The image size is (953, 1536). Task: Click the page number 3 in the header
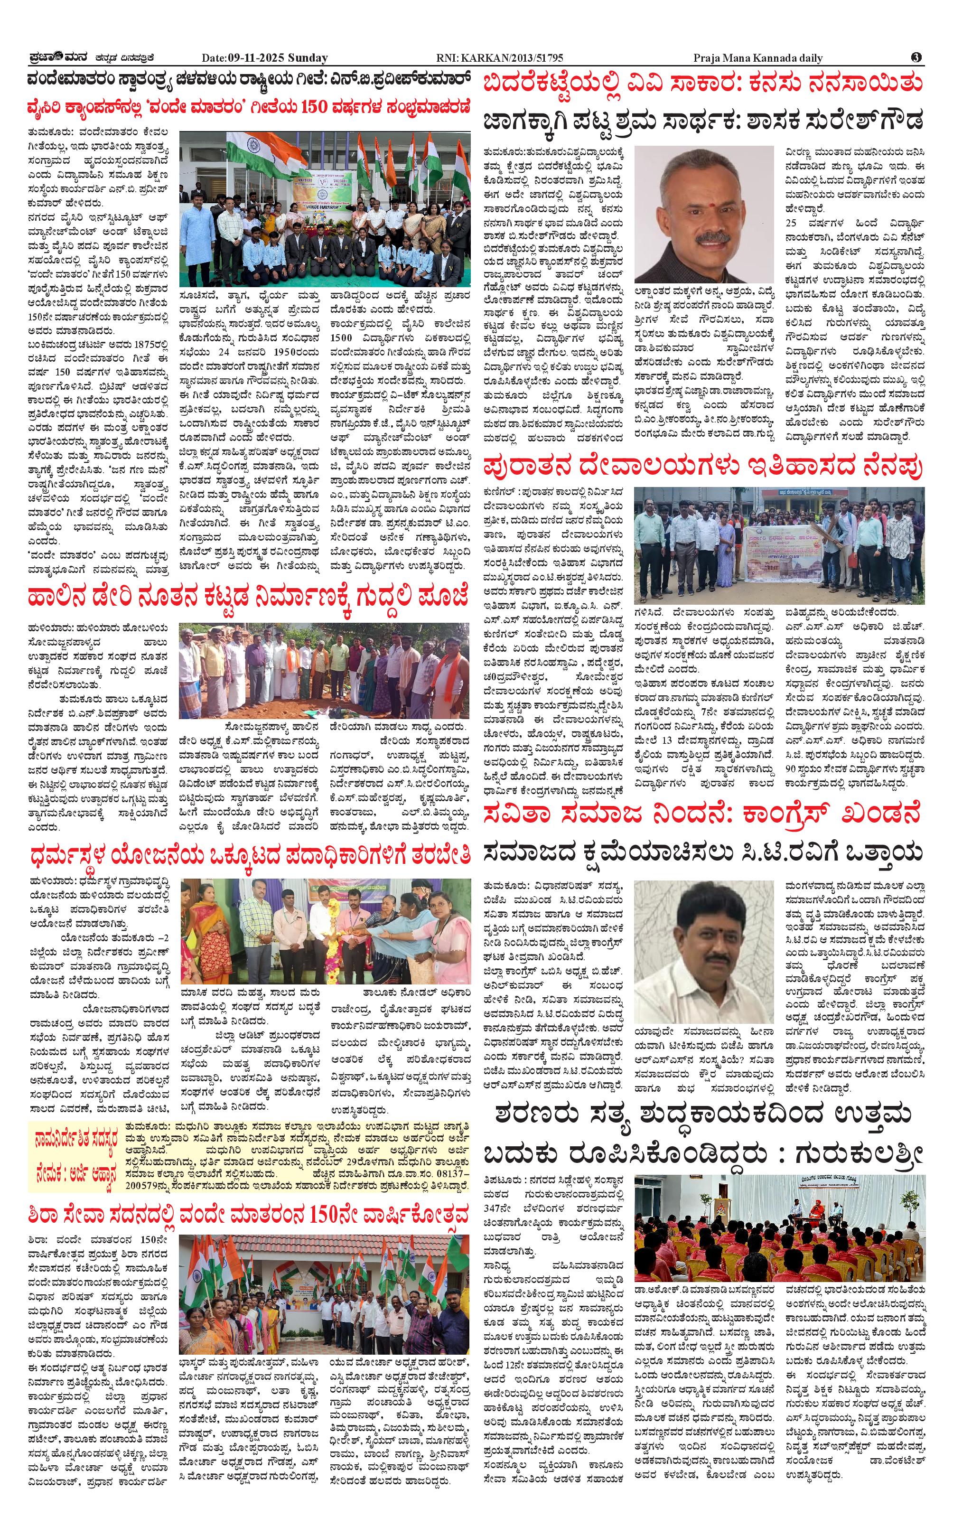916,57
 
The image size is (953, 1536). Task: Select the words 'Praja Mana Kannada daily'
757,58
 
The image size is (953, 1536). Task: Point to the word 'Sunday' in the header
308,58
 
